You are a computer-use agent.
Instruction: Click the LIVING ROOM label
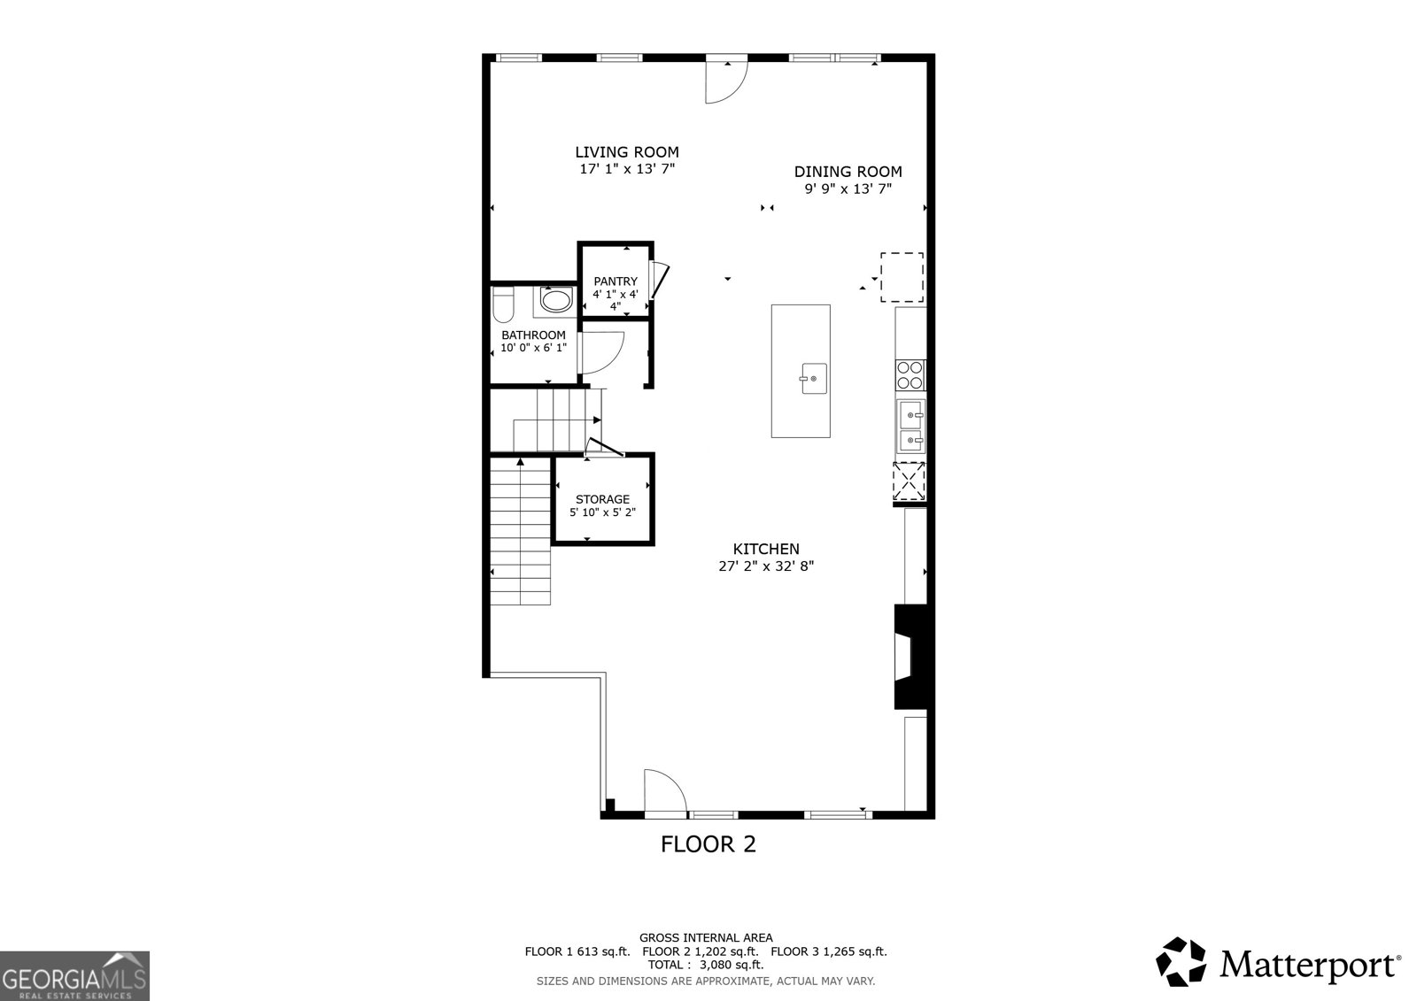tap(627, 152)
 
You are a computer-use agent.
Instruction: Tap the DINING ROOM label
tap(848, 172)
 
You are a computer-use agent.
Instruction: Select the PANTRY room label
tap(616, 281)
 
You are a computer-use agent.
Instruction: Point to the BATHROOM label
tap(533, 335)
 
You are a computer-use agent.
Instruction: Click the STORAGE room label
tap(602, 499)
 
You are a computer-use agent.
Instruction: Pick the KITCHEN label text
tap(766, 549)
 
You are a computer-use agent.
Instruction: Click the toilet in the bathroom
tap(503, 304)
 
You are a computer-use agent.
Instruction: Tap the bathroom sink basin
tap(555, 301)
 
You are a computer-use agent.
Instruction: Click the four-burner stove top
tap(910, 374)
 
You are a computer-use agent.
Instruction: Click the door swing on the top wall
tap(726, 81)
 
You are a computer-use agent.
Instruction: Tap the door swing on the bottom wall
tap(665, 790)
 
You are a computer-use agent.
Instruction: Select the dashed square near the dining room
tap(902, 277)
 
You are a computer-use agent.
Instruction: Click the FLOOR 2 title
tap(708, 844)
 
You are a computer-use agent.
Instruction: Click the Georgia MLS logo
tap(74, 975)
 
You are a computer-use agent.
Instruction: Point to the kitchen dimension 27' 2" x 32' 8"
tap(766, 566)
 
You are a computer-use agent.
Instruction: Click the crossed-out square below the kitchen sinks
tap(910, 481)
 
